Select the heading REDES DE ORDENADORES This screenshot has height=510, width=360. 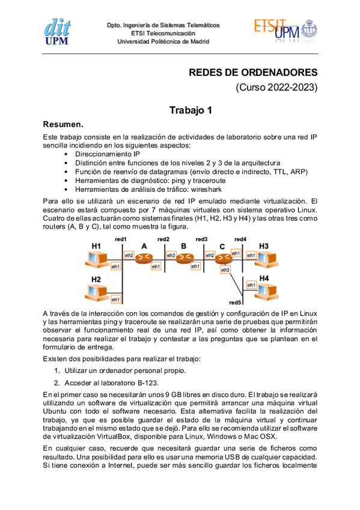coord(253,73)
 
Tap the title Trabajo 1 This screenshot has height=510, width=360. coord(191,110)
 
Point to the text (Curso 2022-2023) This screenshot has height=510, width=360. coord(276,88)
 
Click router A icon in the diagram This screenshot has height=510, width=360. coord(143,258)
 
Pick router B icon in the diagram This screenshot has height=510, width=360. coord(183,258)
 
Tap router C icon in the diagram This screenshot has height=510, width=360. coord(223,258)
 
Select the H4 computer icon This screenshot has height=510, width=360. coord(264,290)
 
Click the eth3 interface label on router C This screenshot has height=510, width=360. coord(225,270)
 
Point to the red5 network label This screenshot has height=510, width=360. coord(235,302)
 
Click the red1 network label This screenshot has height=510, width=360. coord(121,239)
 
